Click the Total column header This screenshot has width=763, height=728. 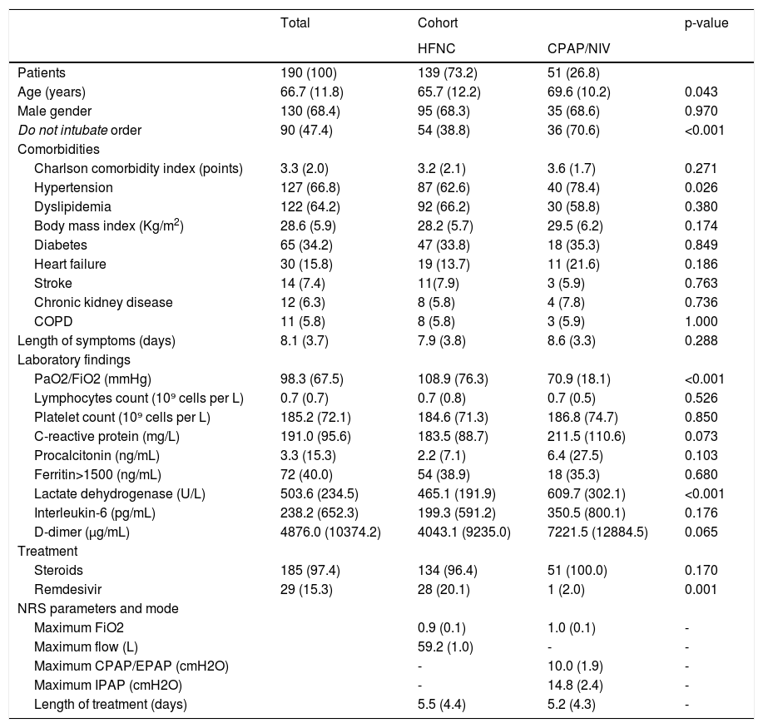coord(295,23)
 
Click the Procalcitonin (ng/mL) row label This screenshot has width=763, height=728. coord(97,455)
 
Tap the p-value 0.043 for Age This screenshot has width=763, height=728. coord(701,92)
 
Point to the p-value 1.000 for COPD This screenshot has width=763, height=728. coord(701,321)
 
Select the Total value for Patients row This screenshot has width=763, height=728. coord(309,72)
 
